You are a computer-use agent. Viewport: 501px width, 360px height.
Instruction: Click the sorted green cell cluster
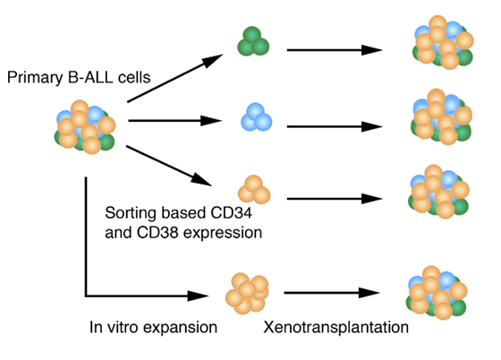[x=253, y=41]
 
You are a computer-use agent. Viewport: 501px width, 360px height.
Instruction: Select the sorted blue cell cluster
[x=256, y=117]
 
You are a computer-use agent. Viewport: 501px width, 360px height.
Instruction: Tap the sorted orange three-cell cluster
[x=254, y=189]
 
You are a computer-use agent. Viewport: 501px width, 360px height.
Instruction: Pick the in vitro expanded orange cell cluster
[x=247, y=294]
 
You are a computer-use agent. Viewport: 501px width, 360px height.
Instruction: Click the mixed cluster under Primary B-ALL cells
[x=85, y=127]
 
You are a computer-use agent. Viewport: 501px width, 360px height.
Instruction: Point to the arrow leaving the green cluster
[x=335, y=50]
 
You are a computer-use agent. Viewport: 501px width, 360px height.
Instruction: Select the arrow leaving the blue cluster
[x=335, y=126]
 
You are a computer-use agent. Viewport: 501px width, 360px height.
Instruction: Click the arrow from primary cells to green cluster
[x=174, y=78]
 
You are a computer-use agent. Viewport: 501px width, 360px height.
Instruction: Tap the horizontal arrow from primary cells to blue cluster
[x=174, y=121]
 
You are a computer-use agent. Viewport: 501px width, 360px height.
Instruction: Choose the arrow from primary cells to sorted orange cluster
[x=169, y=166]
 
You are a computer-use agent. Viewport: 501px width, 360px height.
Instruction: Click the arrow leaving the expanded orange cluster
[x=332, y=293]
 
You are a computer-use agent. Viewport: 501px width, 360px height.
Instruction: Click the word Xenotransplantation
[x=335, y=327]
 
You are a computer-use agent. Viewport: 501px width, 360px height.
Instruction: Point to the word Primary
[x=35, y=78]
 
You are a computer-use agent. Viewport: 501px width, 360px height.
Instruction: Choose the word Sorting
[x=131, y=213]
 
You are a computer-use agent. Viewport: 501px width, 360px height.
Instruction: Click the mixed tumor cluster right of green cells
[x=443, y=42]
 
